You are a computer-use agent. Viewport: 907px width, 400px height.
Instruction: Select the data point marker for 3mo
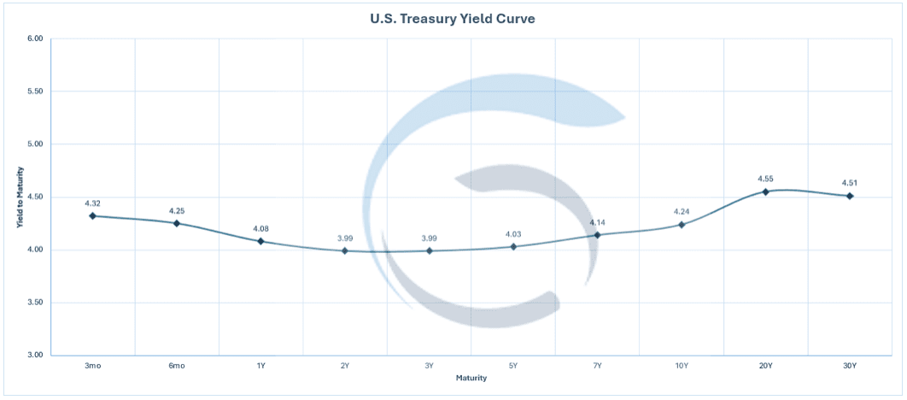[92, 216]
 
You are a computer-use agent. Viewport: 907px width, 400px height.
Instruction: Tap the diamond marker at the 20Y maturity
[766, 191]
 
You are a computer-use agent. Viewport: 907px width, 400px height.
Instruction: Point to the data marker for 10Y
[682, 225]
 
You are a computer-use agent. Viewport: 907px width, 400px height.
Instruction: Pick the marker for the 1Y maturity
[260, 241]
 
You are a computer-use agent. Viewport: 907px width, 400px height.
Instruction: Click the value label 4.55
[766, 179]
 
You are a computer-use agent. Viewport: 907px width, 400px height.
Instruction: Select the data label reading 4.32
[92, 203]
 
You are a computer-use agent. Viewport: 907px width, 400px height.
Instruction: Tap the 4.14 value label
[598, 222]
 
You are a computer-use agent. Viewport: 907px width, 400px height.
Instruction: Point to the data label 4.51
[850, 183]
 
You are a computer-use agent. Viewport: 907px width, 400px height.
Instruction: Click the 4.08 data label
[260, 228]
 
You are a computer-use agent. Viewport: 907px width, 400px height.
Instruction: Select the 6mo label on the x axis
[177, 366]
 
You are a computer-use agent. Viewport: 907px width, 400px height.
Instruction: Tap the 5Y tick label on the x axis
[513, 366]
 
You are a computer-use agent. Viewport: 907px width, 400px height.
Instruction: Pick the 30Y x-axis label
[850, 366]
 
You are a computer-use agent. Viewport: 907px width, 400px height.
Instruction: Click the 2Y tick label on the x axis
[345, 366]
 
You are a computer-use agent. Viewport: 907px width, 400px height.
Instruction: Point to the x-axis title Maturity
[471, 378]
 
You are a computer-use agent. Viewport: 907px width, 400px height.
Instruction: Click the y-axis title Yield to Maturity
[19, 197]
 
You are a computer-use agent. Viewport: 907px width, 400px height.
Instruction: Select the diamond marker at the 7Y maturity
[598, 235]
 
